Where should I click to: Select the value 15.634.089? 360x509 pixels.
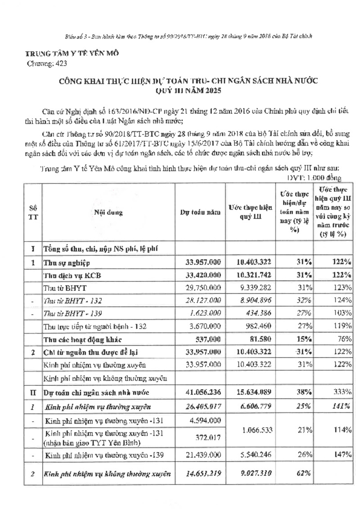coord(250,393)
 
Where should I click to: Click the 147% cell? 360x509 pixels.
coord(343,455)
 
